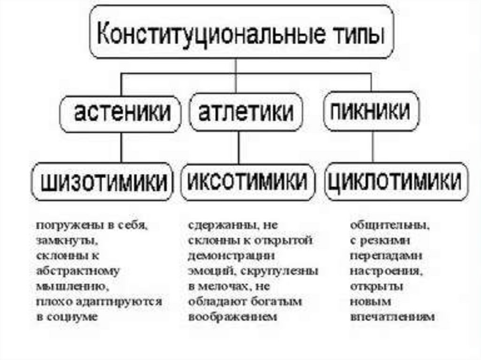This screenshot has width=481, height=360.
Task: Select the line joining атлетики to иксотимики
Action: pos(239,147)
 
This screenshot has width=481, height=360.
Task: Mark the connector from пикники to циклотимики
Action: pos(372,146)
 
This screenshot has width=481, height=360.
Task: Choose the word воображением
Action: pos(233,317)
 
